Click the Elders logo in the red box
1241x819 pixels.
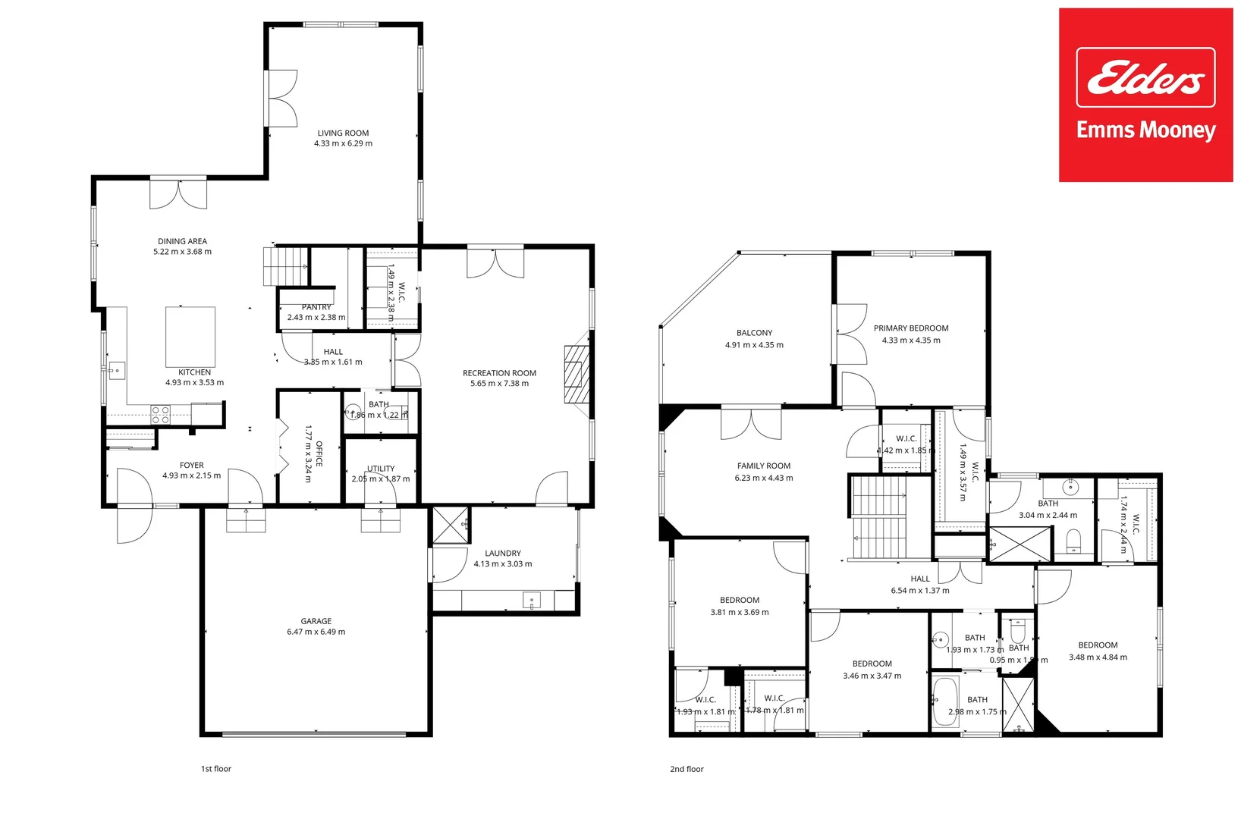1145,77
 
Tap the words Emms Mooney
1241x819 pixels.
1145,130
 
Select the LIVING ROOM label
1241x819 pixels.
343,133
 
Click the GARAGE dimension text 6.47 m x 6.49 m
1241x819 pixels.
316,632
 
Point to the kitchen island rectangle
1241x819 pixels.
190,337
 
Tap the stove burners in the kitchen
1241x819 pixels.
160,415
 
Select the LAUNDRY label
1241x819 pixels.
502,554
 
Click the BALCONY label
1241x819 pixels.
754,333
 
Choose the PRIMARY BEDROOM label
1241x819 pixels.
910,328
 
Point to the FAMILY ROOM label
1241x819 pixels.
763,466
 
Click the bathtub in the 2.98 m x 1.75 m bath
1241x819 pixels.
944,701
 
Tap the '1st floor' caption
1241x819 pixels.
215,769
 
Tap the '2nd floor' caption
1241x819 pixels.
686,769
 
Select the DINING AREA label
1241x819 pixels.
182,241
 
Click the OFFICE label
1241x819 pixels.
319,453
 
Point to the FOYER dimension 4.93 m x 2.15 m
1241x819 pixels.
191,476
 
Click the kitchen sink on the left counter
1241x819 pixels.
116,372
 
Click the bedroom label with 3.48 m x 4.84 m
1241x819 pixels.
1098,645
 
